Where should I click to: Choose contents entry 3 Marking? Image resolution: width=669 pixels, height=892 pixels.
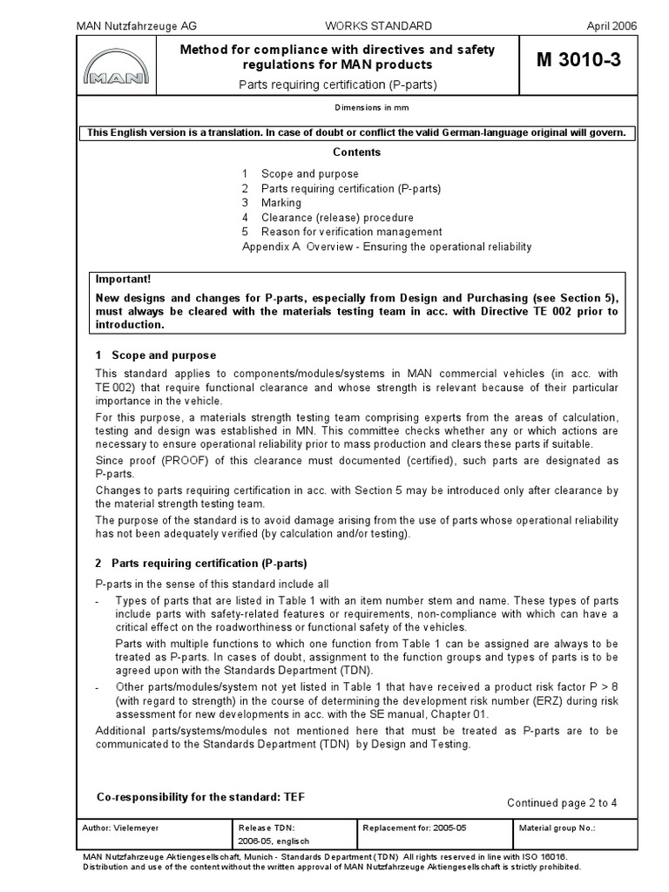coord(272,203)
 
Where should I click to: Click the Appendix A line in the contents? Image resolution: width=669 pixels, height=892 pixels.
coord(386,247)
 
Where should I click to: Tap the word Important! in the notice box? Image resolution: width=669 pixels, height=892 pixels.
coord(123,280)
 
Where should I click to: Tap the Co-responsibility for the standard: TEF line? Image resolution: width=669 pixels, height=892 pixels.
coord(199,797)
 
